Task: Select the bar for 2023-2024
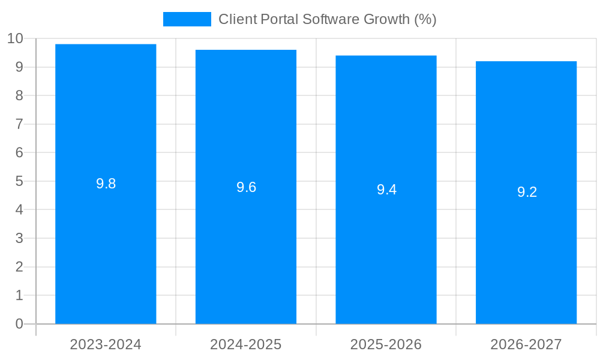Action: click(x=106, y=240)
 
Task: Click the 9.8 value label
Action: click(x=106, y=184)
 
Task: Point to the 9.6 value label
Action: click(x=246, y=187)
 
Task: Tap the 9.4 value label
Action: click(x=386, y=190)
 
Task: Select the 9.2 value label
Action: click(x=527, y=193)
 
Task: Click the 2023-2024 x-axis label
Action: click(x=106, y=344)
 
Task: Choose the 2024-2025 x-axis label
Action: click(x=246, y=344)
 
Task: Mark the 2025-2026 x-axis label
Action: click(x=386, y=344)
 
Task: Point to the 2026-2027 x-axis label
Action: click(x=526, y=344)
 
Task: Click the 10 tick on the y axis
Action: click(x=15, y=38)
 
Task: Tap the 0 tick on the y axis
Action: click(x=19, y=324)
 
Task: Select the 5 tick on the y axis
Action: click(x=19, y=181)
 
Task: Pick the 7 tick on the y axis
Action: click(x=19, y=124)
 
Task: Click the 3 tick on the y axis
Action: click(x=19, y=238)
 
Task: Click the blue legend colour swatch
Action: click(x=187, y=19)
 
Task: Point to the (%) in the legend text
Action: click(x=425, y=19)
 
